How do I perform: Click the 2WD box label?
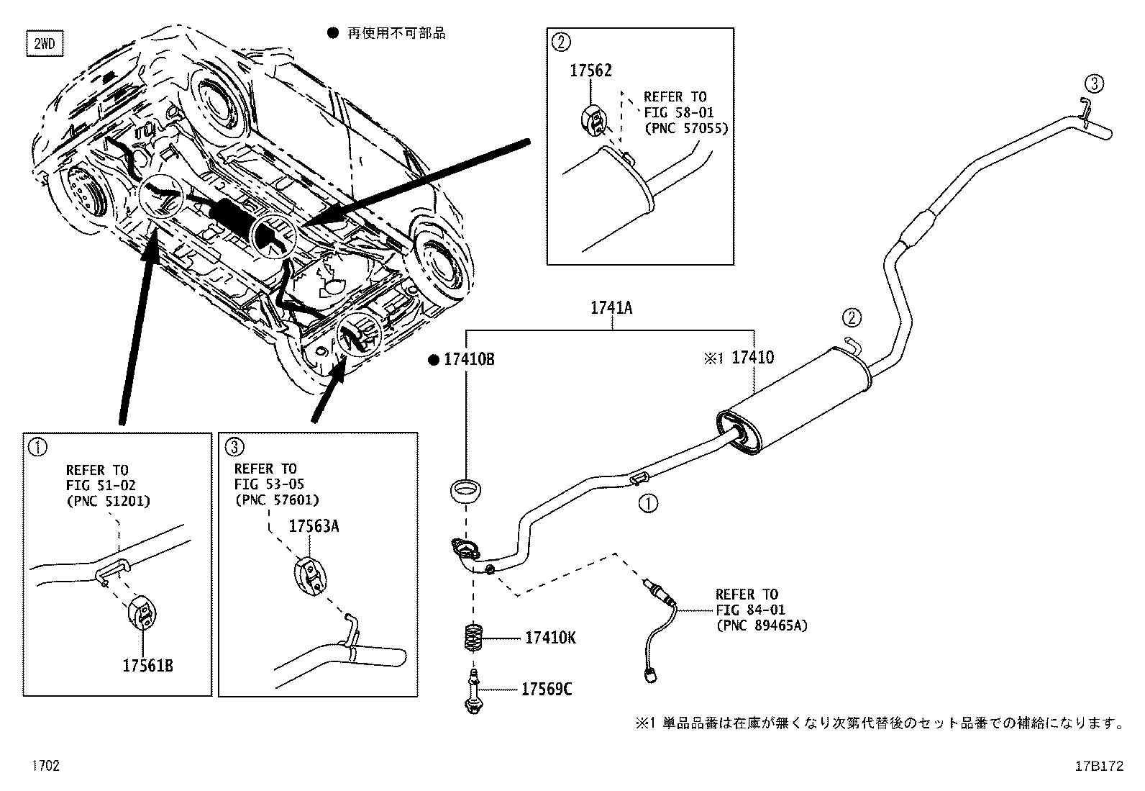[x=44, y=45]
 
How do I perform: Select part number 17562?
[x=590, y=71]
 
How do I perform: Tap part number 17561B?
[x=147, y=665]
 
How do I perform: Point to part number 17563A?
[x=314, y=526]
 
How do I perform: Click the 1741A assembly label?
[x=611, y=308]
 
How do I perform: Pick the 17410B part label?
[x=468, y=359]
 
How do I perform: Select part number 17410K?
[x=550, y=638]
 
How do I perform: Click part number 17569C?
[x=547, y=690]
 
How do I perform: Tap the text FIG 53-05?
[x=265, y=484]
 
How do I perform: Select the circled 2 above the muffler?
[x=850, y=317]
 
